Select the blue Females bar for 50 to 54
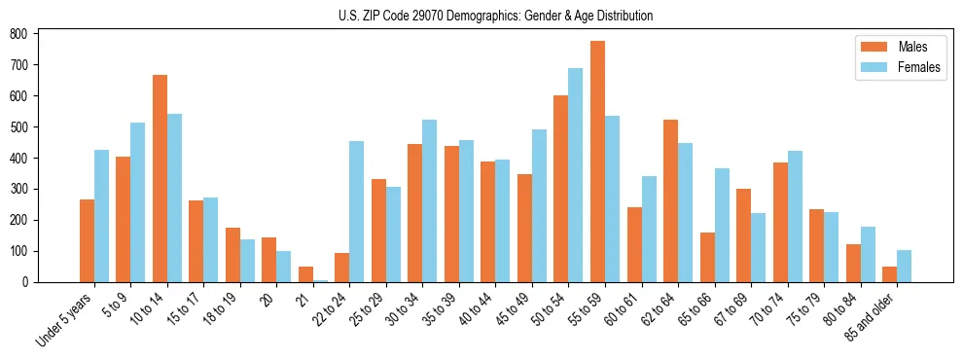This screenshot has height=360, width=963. (x=576, y=175)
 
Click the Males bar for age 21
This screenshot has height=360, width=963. (x=305, y=274)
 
